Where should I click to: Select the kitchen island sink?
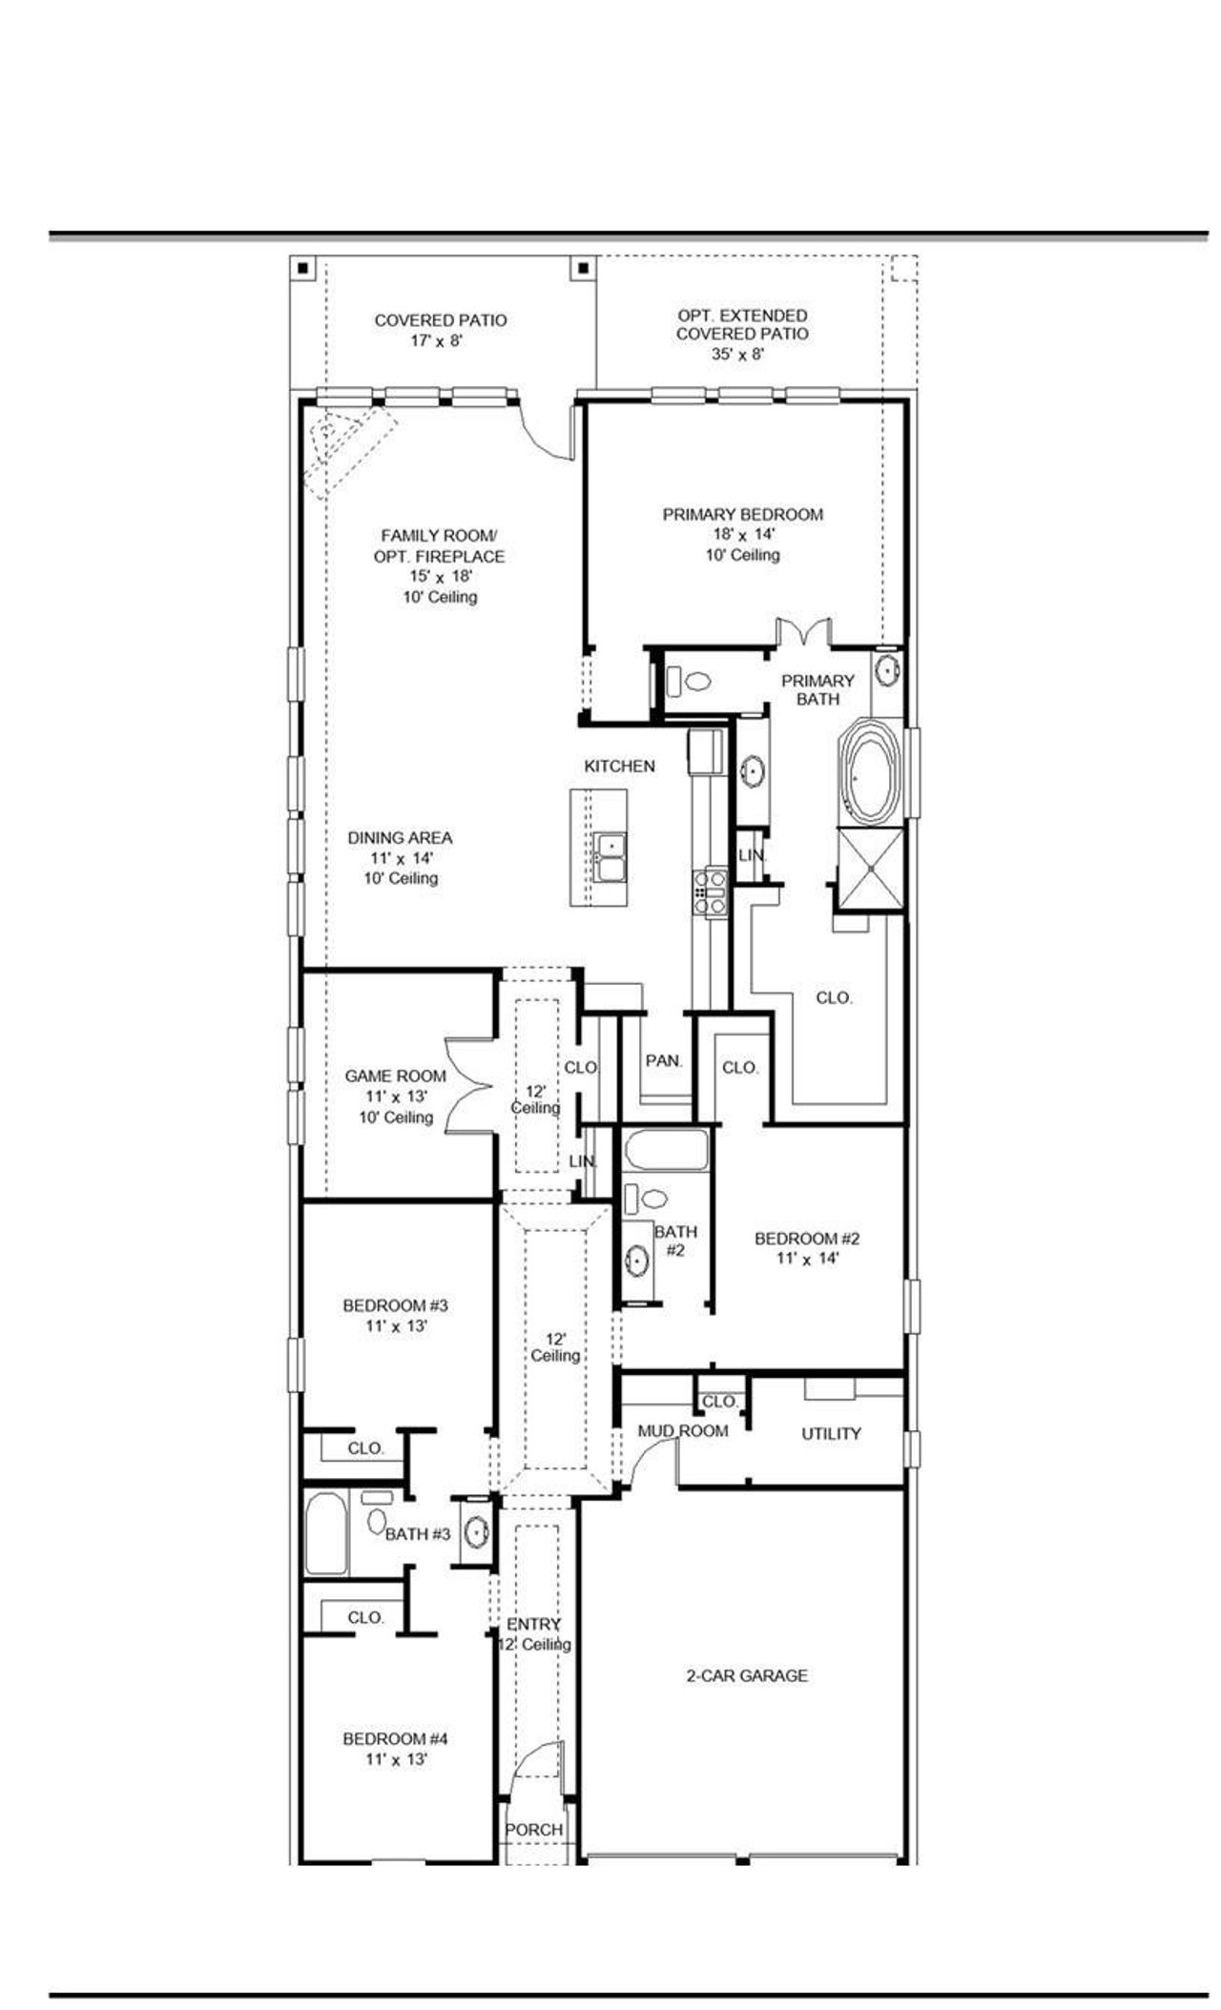(608, 856)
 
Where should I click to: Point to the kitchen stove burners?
(711, 892)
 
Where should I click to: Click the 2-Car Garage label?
(747, 1675)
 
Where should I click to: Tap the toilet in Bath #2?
(652, 1199)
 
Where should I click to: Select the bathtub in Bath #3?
(326, 1534)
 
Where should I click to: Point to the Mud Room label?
(682, 1431)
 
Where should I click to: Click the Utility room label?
(831, 1433)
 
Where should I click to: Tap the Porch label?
(533, 1830)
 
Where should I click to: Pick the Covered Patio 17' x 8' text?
(440, 330)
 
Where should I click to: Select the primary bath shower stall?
(870, 869)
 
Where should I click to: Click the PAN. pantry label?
(664, 1060)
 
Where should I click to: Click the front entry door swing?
(536, 1769)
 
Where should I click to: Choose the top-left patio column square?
(302, 268)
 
